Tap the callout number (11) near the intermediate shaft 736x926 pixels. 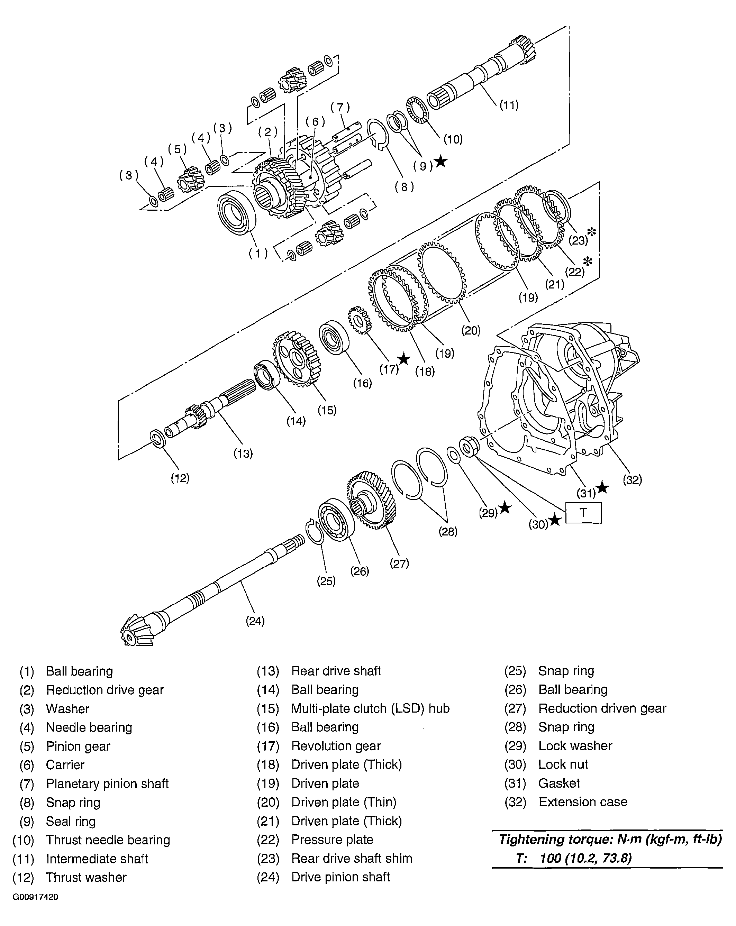coord(509,105)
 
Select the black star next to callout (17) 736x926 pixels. coord(404,359)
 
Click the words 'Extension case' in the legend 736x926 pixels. coord(583,802)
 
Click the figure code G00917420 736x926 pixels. coord(35,897)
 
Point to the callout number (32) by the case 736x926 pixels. coord(632,480)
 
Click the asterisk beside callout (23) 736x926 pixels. coord(592,232)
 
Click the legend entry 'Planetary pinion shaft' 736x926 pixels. coord(107,783)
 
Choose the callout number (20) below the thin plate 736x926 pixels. coord(471,330)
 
